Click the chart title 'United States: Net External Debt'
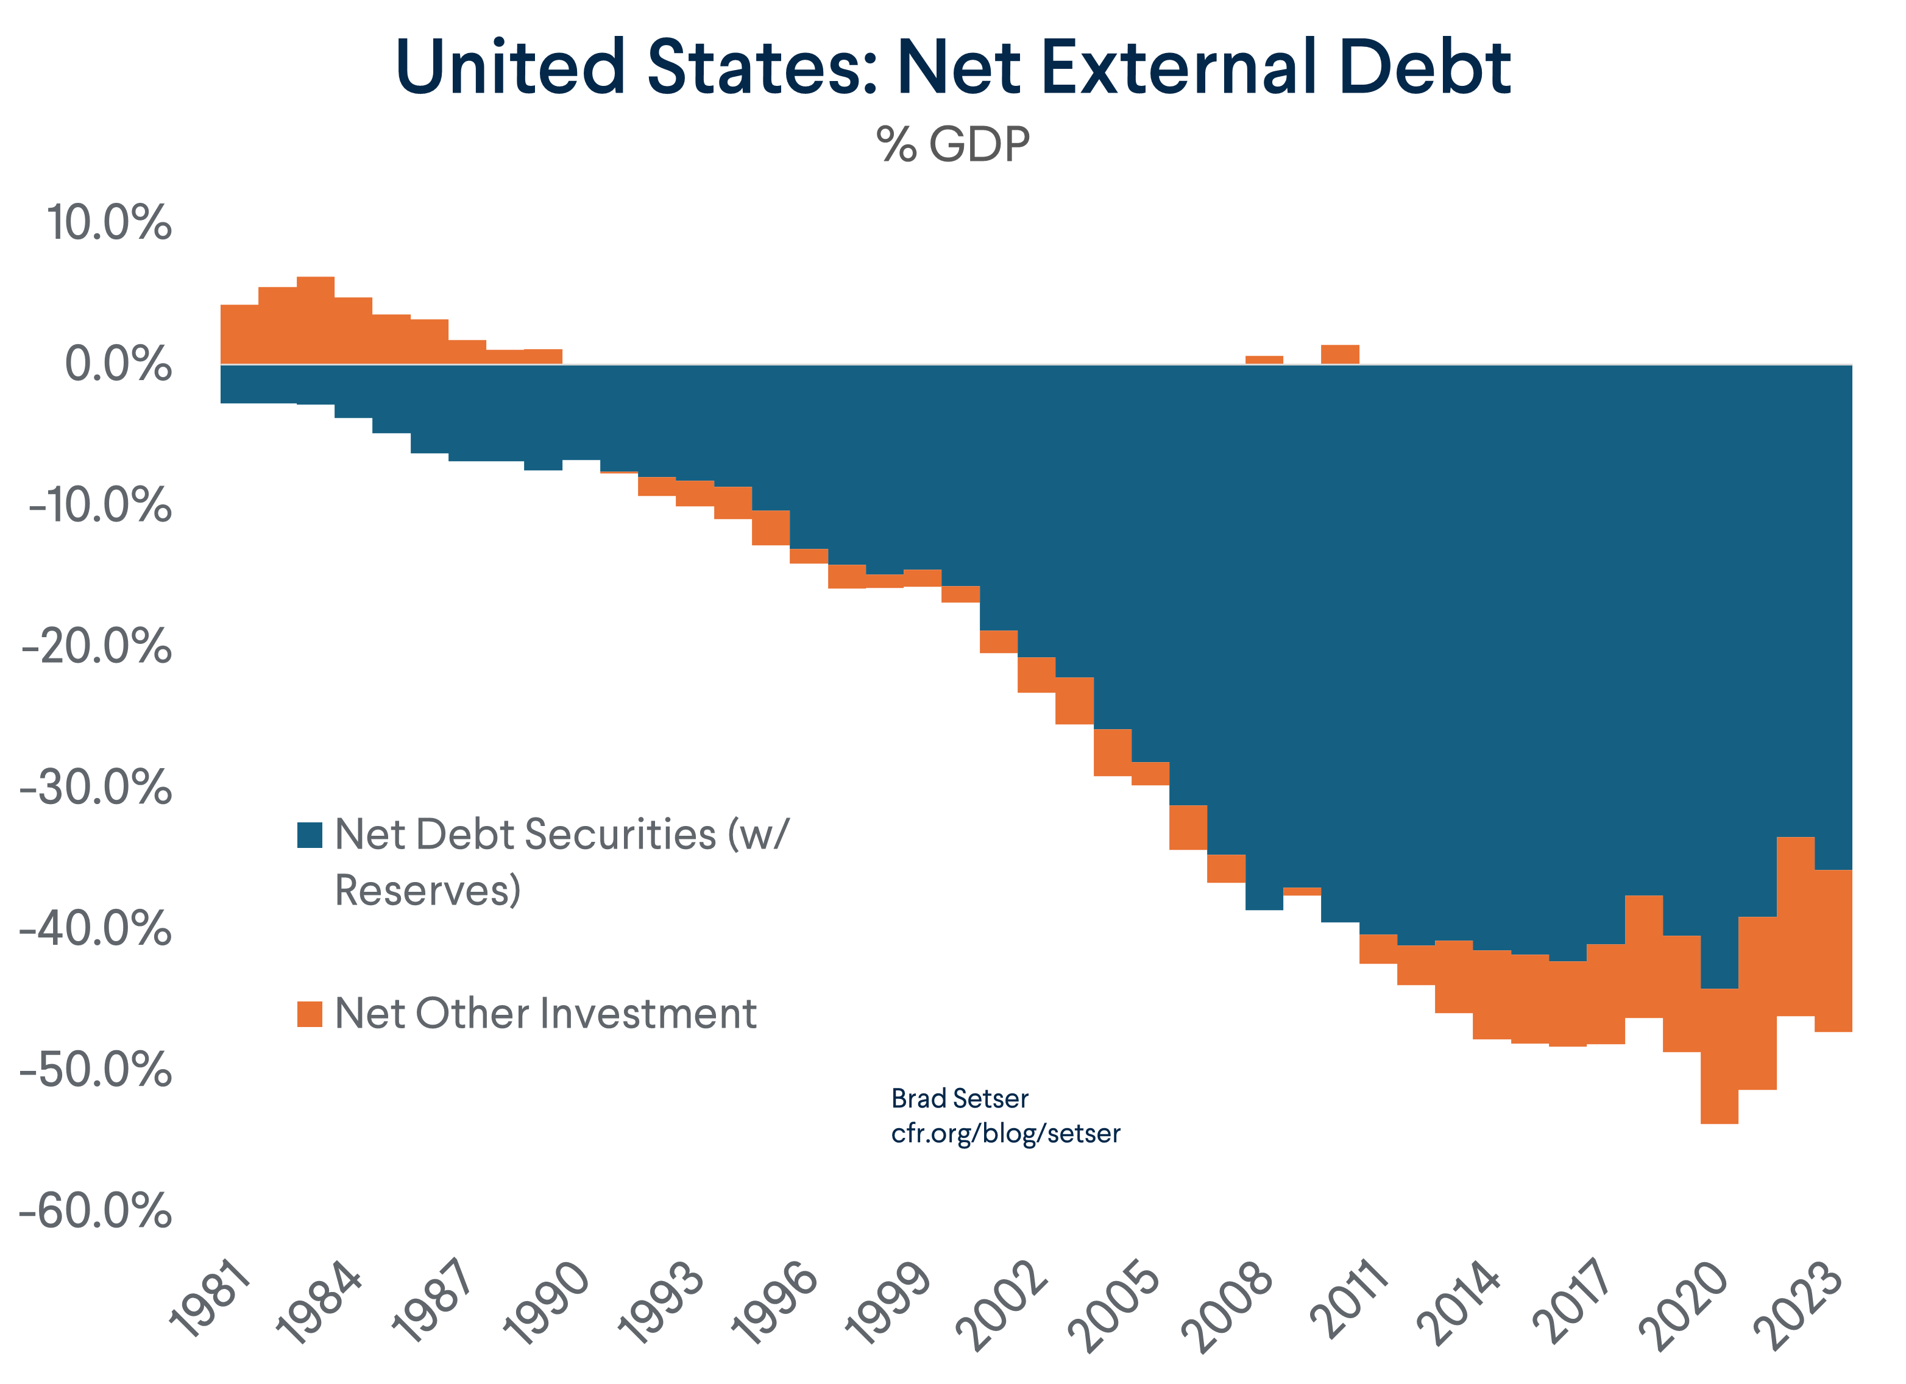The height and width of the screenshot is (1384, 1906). tap(952, 67)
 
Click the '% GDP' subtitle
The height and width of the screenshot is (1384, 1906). tap(952, 144)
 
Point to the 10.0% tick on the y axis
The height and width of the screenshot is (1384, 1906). tap(108, 224)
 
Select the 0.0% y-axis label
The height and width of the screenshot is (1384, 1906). tap(118, 365)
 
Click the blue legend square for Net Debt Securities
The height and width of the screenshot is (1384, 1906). tap(310, 835)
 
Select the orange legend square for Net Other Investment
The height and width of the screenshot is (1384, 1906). tap(310, 1014)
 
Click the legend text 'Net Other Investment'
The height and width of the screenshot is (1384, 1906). tap(545, 1014)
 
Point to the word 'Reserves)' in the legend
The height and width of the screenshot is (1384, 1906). tap(428, 890)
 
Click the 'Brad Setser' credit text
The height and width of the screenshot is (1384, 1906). tap(959, 1098)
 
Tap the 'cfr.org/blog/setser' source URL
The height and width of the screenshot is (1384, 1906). tap(1005, 1134)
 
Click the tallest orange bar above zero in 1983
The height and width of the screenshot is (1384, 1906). tap(315, 320)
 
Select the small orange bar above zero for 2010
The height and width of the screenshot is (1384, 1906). tap(1339, 355)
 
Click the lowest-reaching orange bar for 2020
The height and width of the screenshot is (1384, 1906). tap(1720, 1056)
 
